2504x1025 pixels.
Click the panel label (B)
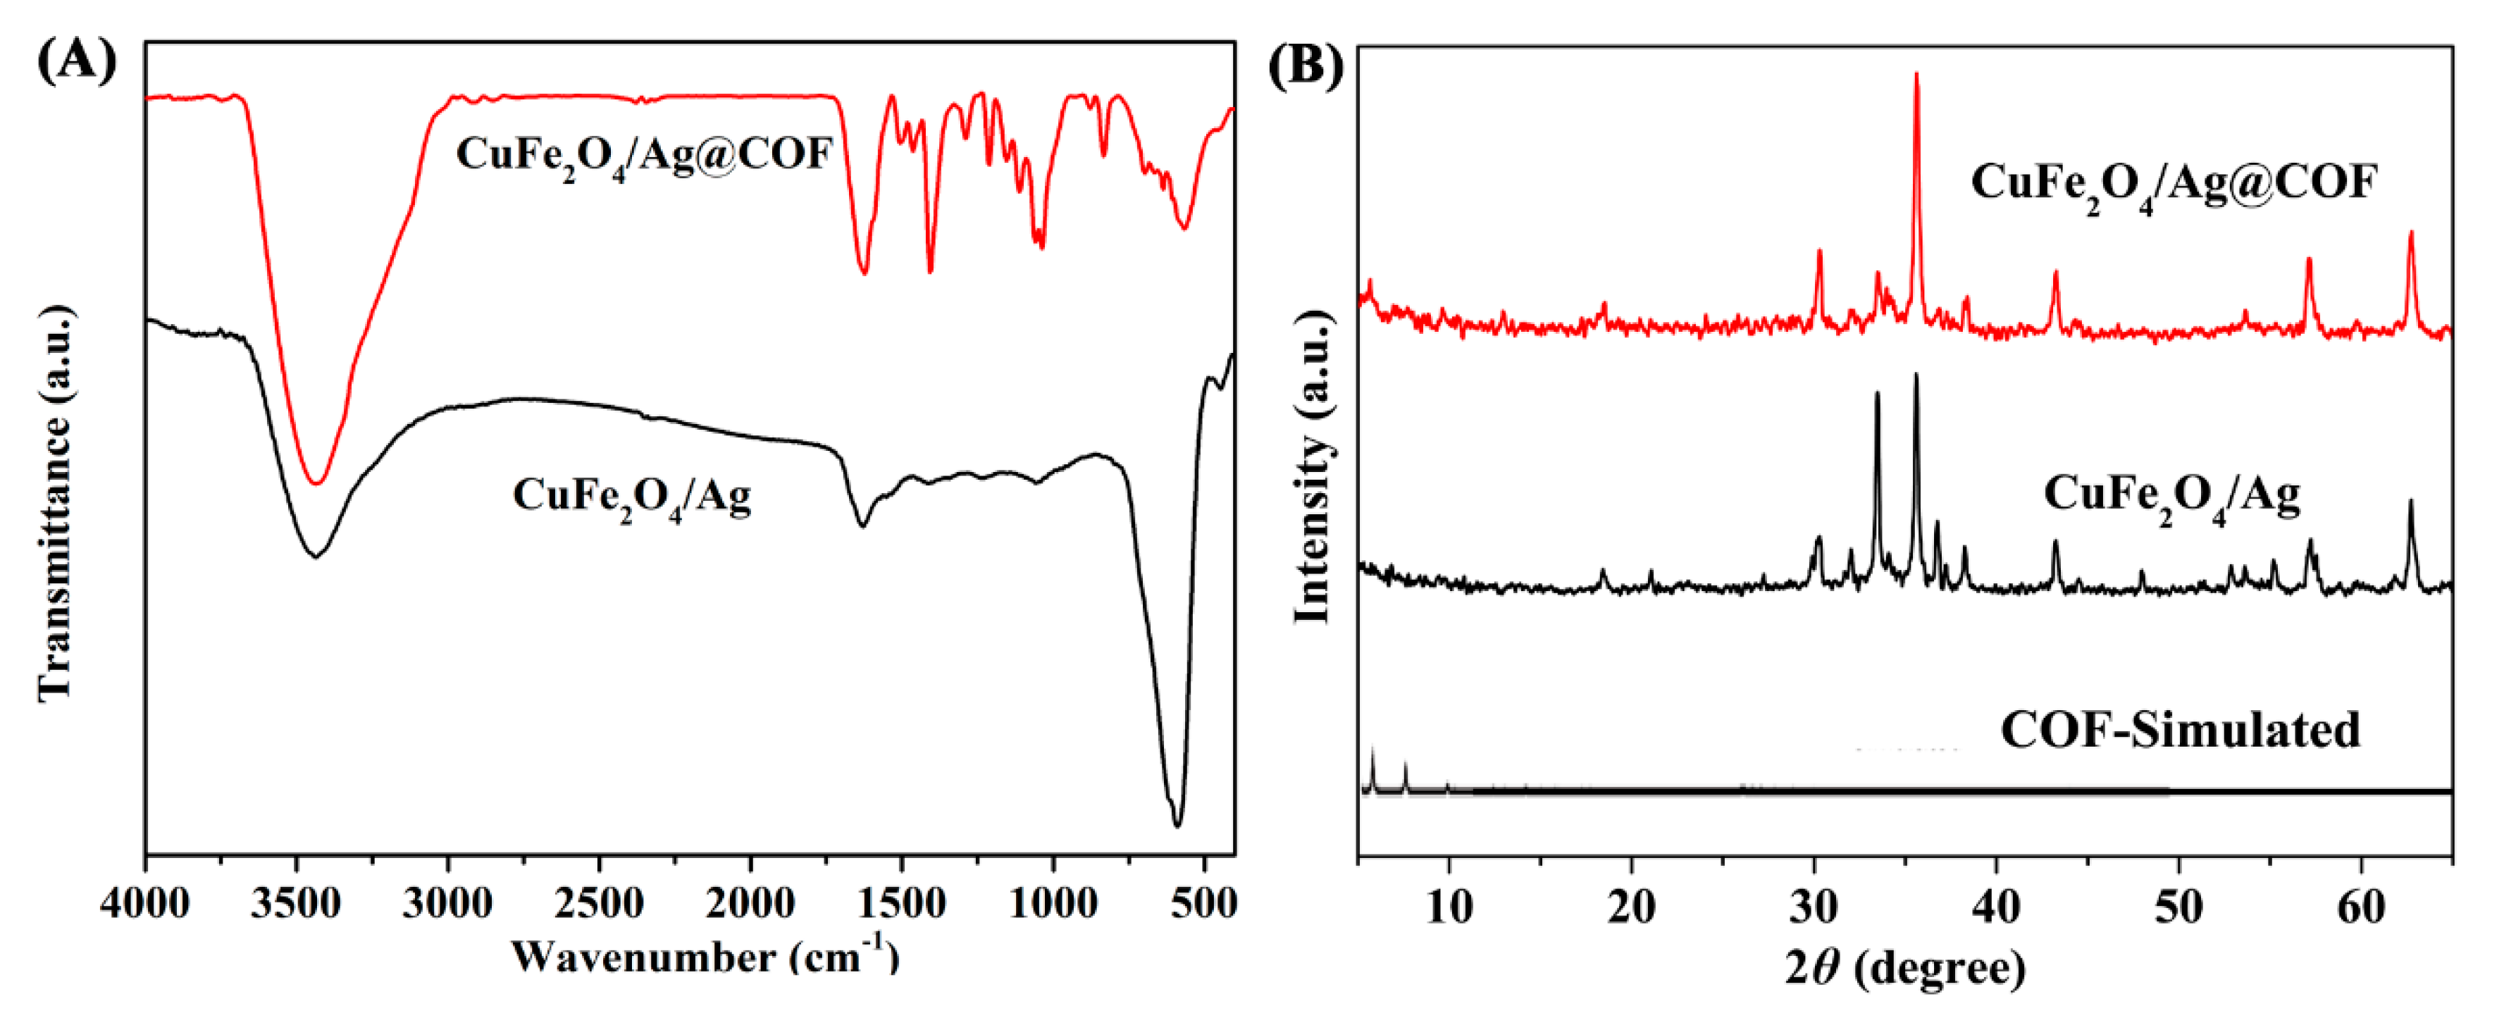[1306, 66]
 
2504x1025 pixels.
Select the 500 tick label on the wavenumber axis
[1203, 905]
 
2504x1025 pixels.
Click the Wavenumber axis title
[705, 957]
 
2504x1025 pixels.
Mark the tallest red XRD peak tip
[1916, 74]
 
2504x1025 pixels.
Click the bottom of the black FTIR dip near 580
[1177, 825]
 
